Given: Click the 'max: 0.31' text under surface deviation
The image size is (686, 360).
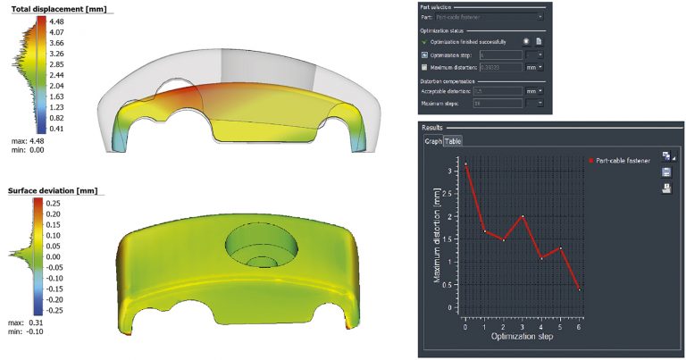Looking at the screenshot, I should point(26,322).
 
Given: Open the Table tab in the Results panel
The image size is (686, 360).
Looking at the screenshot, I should point(453,141).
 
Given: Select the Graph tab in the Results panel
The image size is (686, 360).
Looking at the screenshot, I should point(432,141).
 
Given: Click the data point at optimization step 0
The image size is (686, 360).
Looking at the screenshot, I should point(465,163).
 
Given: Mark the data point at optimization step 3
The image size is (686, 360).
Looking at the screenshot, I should point(523,217).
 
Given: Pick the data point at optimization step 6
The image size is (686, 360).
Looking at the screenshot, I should point(580,289).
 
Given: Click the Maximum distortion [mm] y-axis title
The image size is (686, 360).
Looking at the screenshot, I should point(437,240).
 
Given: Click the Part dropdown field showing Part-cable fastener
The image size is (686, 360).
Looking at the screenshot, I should point(490,17).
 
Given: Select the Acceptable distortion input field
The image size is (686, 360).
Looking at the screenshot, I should point(504,91).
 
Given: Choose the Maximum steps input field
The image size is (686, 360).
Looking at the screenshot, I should point(504,104).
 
